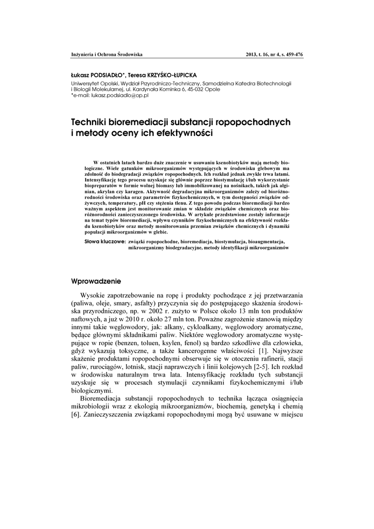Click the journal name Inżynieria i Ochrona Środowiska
pyautogui.click(x=106, y=54)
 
